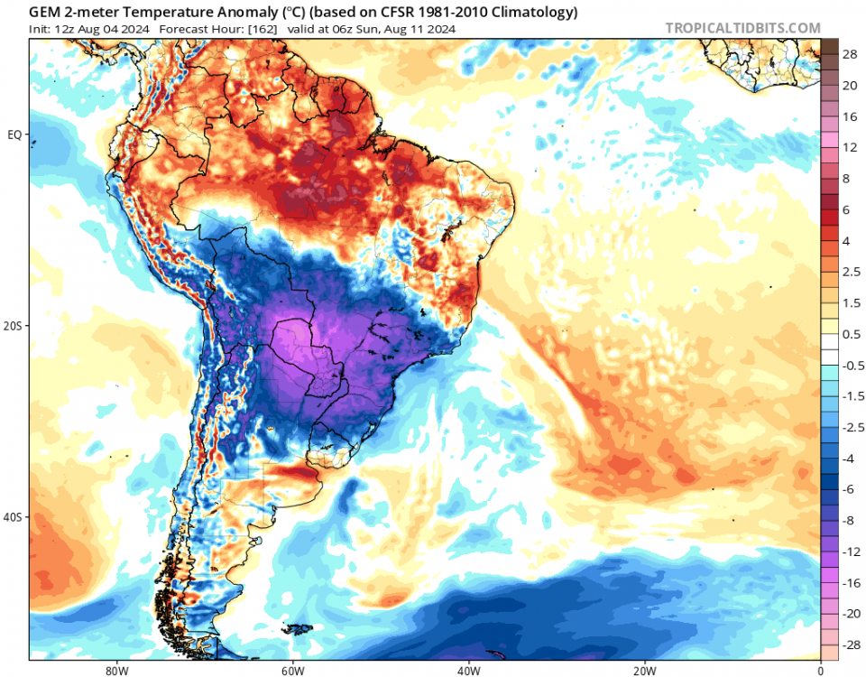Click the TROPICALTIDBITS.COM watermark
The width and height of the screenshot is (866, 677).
pyautogui.click(x=742, y=28)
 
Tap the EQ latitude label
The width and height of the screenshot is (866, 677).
pyautogui.click(x=14, y=135)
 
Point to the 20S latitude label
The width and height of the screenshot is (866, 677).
pyautogui.click(x=14, y=326)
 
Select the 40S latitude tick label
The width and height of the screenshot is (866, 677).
pyautogui.click(x=14, y=517)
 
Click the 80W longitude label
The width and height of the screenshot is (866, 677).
pyautogui.click(x=115, y=670)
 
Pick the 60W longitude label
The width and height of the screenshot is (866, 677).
pyautogui.click(x=291, y=670)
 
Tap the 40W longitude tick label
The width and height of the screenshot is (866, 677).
pyautogui.click(x=467, y=670)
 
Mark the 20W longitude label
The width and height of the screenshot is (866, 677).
pyautogui.click(x=644, y=670)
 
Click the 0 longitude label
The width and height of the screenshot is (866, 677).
pyautogui.click(x=820, y=670)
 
